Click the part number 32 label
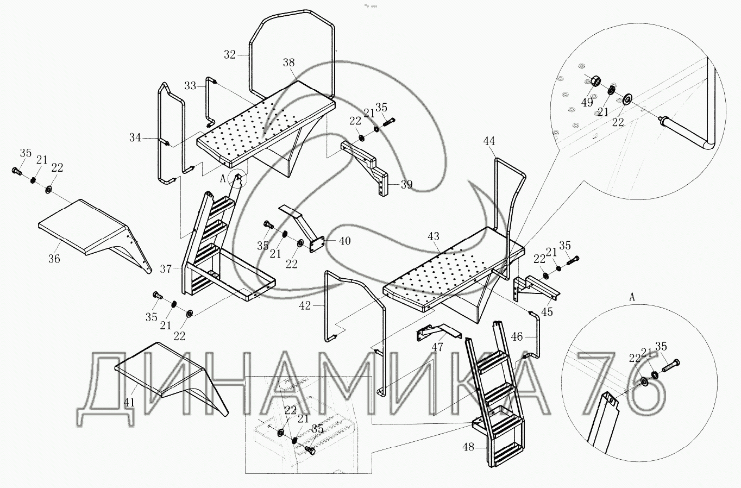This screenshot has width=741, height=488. pyautogui.click(x=230, y=54)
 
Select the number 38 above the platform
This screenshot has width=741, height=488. pyautogui.click(x=288, y=63)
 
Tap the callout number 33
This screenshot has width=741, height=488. pyautogui.click(x=190, y=86)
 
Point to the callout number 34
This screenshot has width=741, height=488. pyautogui.click(x=135, y=138)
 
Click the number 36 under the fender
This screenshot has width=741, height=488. pyautogui.click(x=54, y=259)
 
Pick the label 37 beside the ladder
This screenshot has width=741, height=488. pyautogui.click(x=166, y=268)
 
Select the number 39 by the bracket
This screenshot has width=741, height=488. pyautogui.click(x=406, y=185)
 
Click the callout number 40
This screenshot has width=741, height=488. pyautogui.click(x=344, y=241)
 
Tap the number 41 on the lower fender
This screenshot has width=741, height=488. pyautogui.click(x=129, y=403)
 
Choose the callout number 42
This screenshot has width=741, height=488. pyautogui.click(x=305, y=306)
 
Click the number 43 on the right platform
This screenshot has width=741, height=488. pyautogui.click(x=433, y=237)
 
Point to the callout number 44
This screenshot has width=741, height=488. pyautogui.click(x=489, y=142)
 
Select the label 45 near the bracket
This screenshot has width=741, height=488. pyautogui.click(x=547, y=312)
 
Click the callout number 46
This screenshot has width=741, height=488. pyautogui.click(x=517, y=337)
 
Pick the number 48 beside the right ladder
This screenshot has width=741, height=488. pyautogui.click(x=468, y=447)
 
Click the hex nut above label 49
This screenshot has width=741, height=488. pyautogui.click(x=593, y=82)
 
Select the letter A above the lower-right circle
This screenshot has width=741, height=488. pyautogui.click(x=632, y=297)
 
